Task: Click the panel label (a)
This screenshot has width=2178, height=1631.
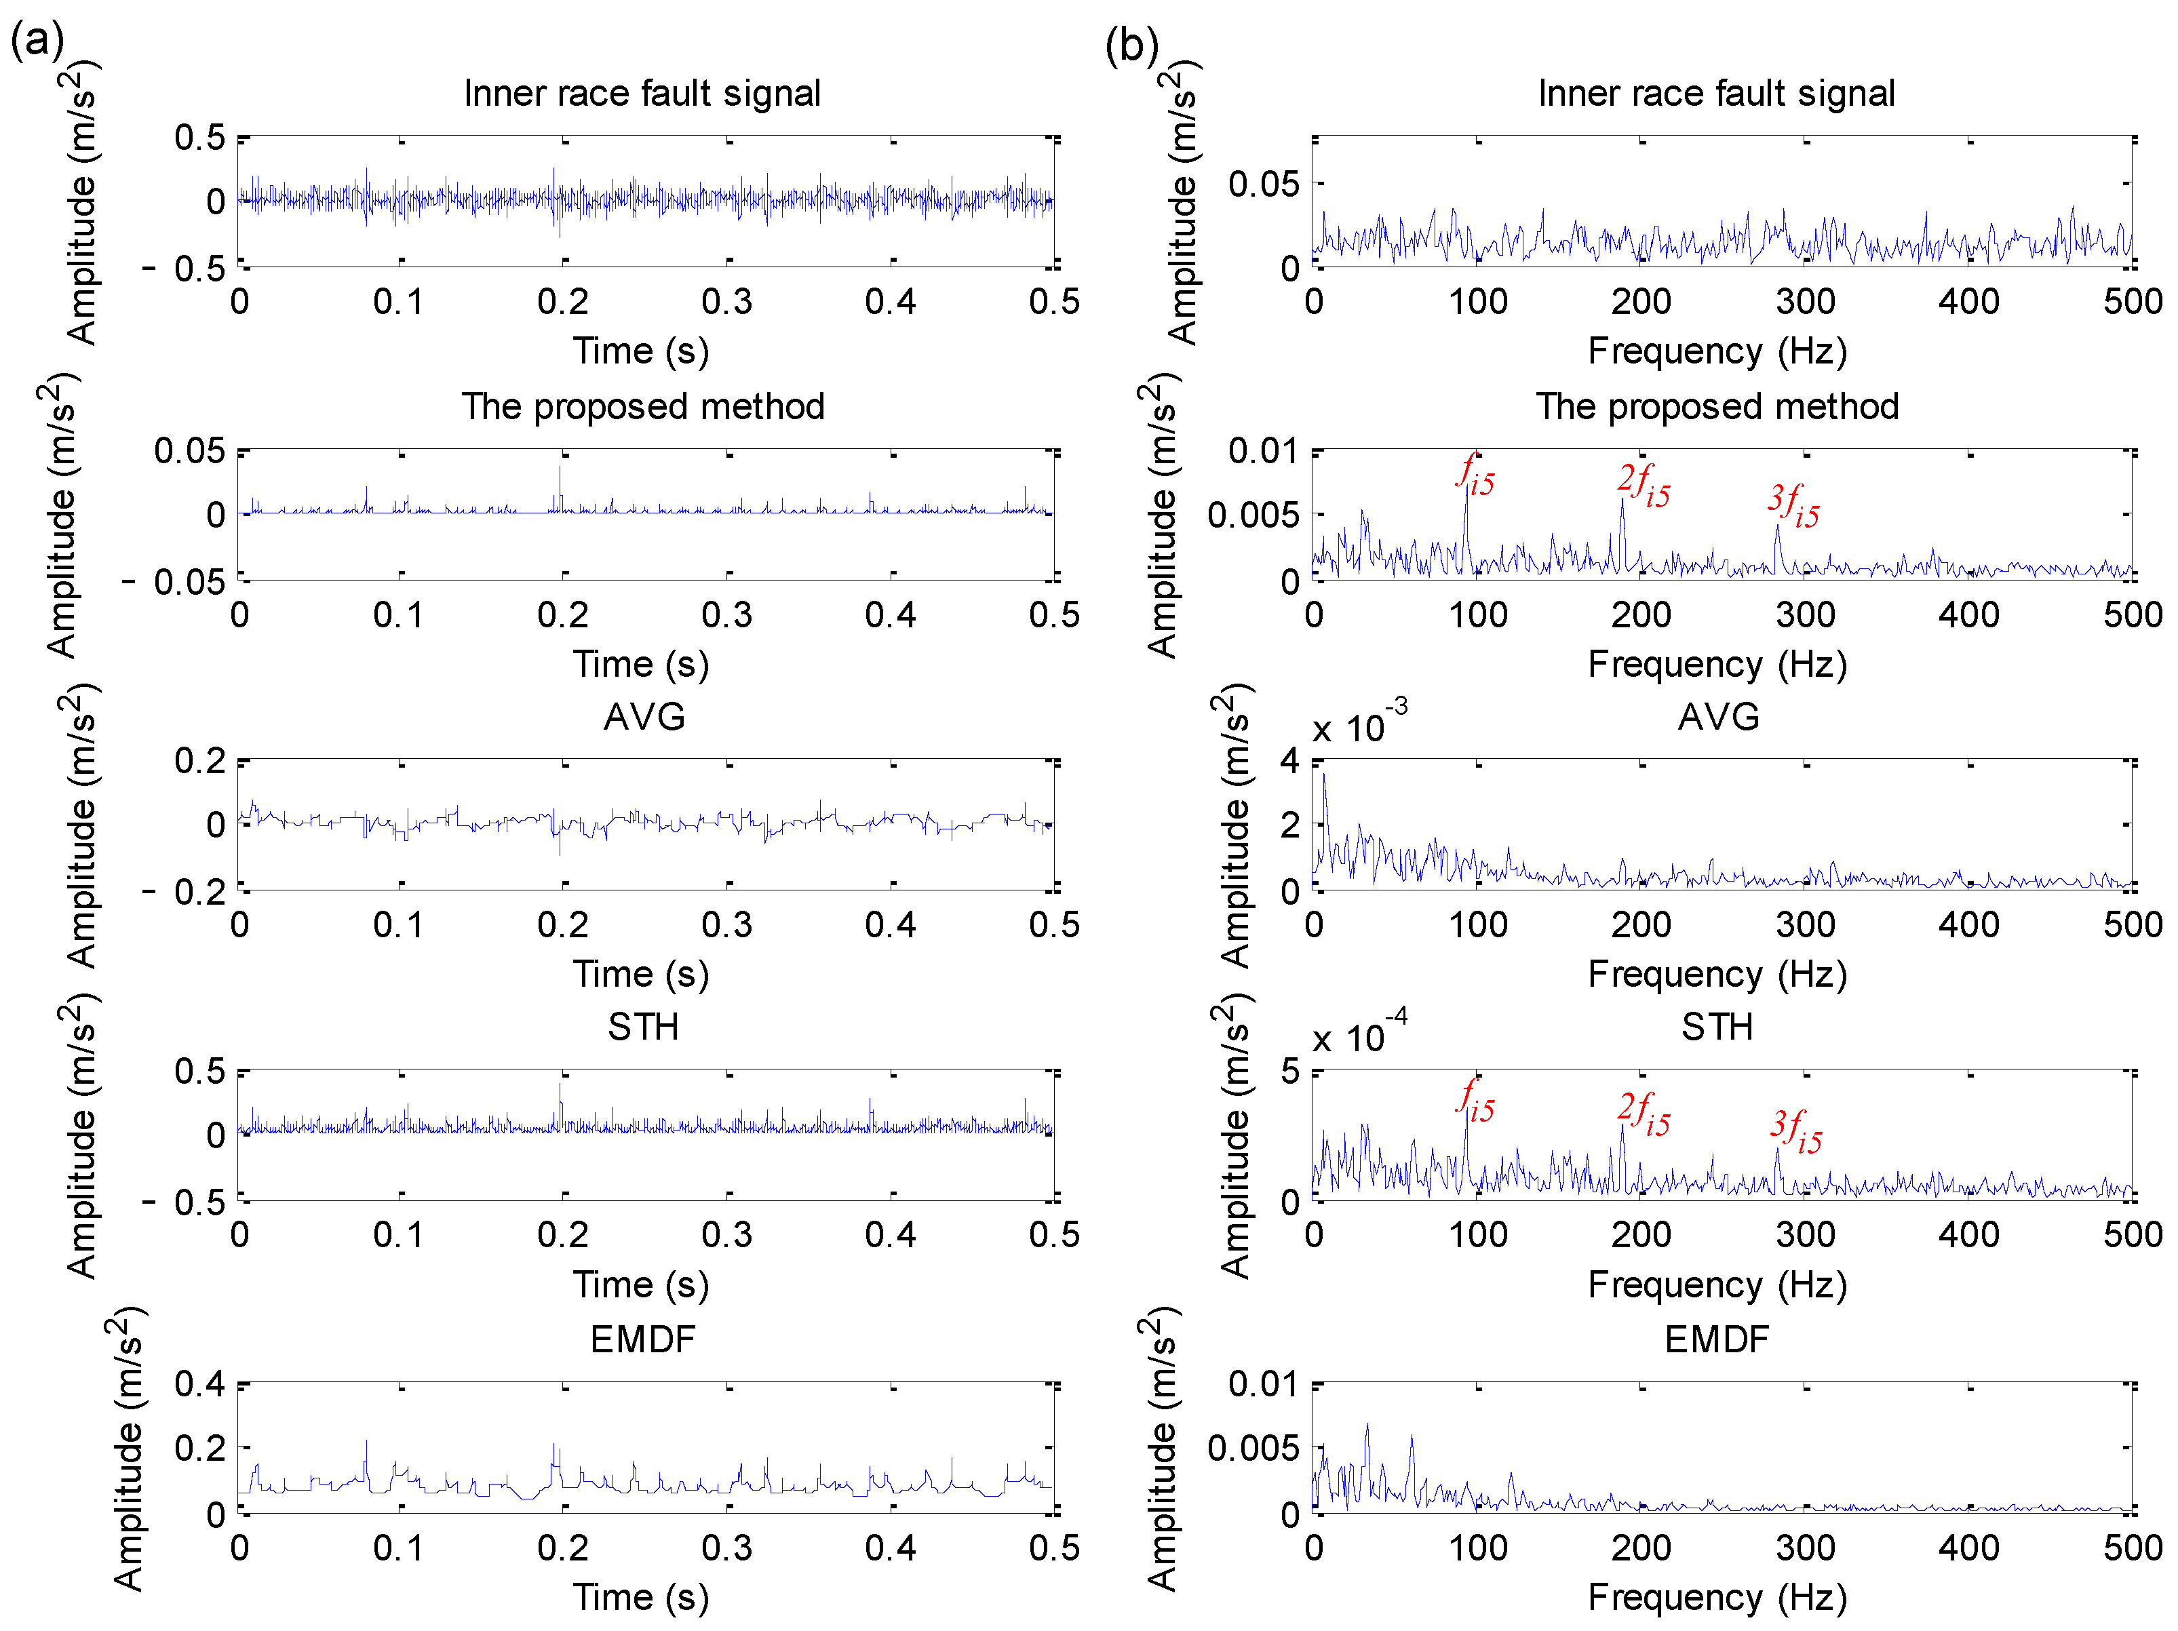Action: [37, 41]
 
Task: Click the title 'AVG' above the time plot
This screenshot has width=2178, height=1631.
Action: [644, 717]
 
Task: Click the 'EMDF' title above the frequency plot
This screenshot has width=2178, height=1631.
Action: [1716, 1339]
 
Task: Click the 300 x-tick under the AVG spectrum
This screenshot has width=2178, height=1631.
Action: [1805, 925]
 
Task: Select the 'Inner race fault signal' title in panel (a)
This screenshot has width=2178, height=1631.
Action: [642, 94]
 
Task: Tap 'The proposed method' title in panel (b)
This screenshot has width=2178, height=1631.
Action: [1717, 406]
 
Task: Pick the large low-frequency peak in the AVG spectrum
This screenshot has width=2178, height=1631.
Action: [1323, 778]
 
